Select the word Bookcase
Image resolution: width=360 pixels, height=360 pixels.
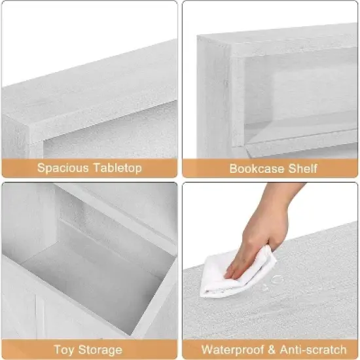254,168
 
